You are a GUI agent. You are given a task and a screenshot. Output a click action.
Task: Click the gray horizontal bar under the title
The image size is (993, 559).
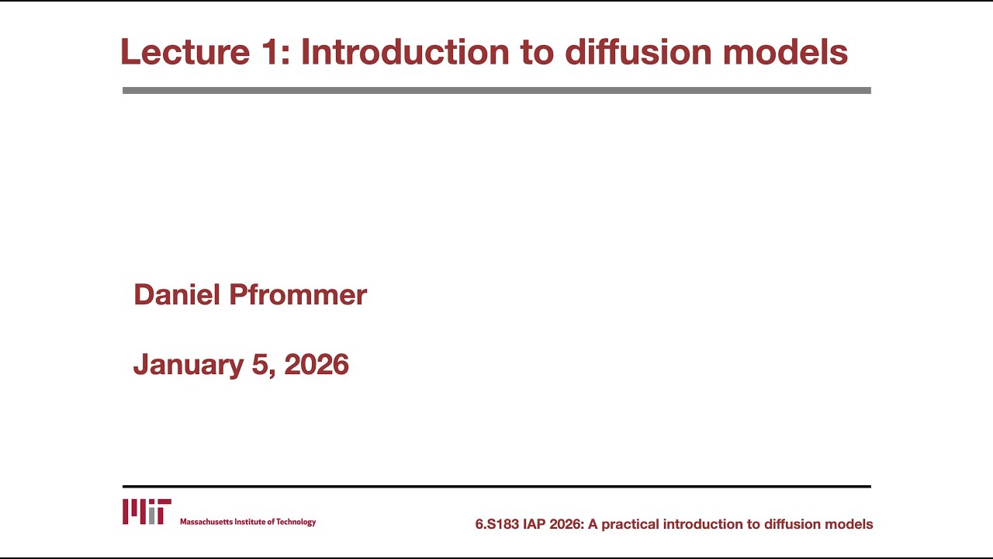point(496,90)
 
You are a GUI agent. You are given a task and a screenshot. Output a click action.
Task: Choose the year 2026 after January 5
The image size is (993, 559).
point(317,364)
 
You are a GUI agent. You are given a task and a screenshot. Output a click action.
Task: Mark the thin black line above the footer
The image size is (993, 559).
point(496,487)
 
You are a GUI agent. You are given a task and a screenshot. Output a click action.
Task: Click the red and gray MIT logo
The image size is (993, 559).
point(147,512)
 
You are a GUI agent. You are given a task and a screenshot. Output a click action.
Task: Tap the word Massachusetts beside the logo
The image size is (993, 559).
point(204,522)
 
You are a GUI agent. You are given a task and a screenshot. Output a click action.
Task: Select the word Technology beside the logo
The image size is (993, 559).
point(296,522)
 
